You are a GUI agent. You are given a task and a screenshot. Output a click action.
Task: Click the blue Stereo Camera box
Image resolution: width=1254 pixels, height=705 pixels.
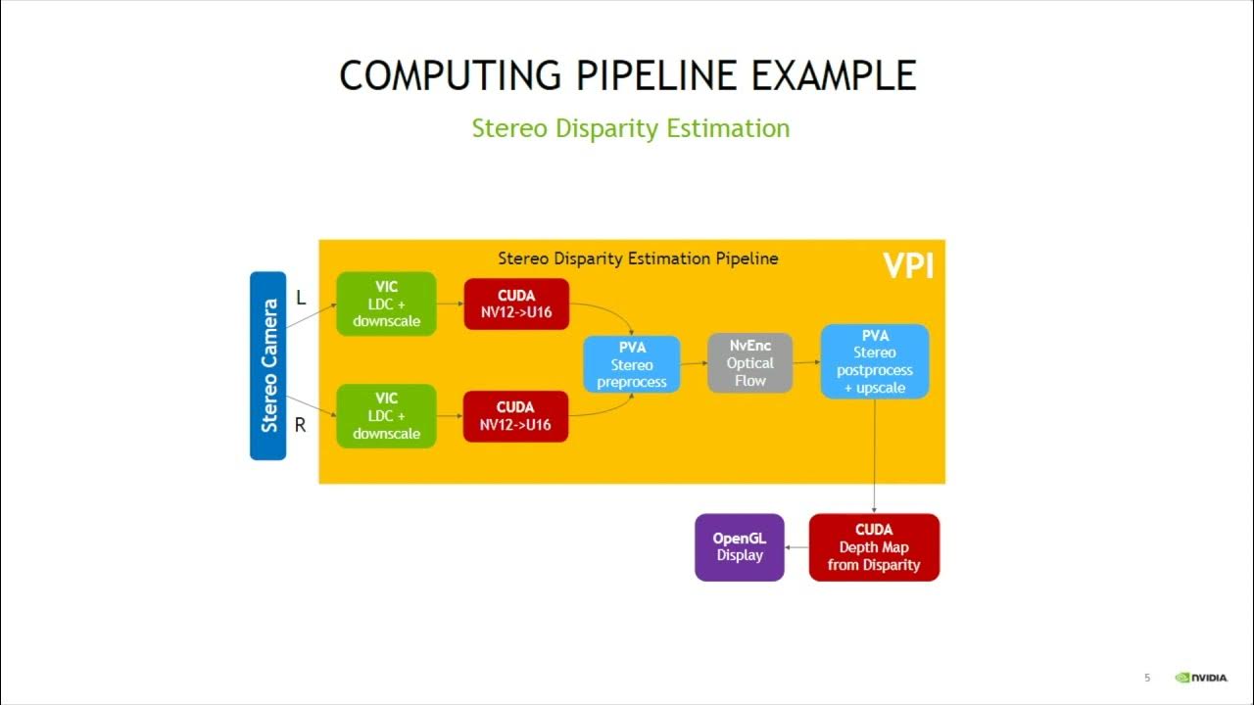267,365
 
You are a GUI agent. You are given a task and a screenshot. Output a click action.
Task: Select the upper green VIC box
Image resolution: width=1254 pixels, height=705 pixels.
386,304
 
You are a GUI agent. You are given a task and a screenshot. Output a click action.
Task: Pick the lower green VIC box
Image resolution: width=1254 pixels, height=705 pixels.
386,416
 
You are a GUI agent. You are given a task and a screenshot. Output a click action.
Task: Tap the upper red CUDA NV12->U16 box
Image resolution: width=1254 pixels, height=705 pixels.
515,304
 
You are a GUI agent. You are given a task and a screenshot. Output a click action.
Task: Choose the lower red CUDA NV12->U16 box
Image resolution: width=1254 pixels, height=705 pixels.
515,416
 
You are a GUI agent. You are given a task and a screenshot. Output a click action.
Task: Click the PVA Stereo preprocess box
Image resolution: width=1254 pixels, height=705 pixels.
632,364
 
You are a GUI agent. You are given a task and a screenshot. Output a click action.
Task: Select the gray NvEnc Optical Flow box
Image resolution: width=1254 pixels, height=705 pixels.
749,362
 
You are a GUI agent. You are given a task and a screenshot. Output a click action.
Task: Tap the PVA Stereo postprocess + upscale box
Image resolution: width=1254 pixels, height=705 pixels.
874,361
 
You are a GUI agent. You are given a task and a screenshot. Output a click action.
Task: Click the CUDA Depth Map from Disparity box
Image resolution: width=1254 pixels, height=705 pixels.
874,547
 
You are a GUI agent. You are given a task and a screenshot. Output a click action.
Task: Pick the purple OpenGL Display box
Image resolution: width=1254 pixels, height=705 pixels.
740,547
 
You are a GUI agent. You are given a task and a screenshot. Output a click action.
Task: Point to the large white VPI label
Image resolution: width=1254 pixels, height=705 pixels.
907,265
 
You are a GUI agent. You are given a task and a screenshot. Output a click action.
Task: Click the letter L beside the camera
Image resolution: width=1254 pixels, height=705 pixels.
301,299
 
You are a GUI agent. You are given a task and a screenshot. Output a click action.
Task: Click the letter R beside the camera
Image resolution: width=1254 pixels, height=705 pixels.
301,426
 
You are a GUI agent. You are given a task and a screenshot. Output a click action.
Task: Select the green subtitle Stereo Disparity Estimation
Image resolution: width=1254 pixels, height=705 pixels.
630,128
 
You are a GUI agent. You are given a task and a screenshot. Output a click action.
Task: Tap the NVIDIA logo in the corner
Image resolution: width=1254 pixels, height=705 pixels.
1201,678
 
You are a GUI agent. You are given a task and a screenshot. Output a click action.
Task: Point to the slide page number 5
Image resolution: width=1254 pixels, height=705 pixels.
1147,678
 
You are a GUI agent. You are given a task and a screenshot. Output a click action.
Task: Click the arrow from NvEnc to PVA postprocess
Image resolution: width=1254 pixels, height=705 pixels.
806,362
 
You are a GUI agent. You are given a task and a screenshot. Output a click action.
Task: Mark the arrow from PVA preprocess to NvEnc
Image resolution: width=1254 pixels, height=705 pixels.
694,363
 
